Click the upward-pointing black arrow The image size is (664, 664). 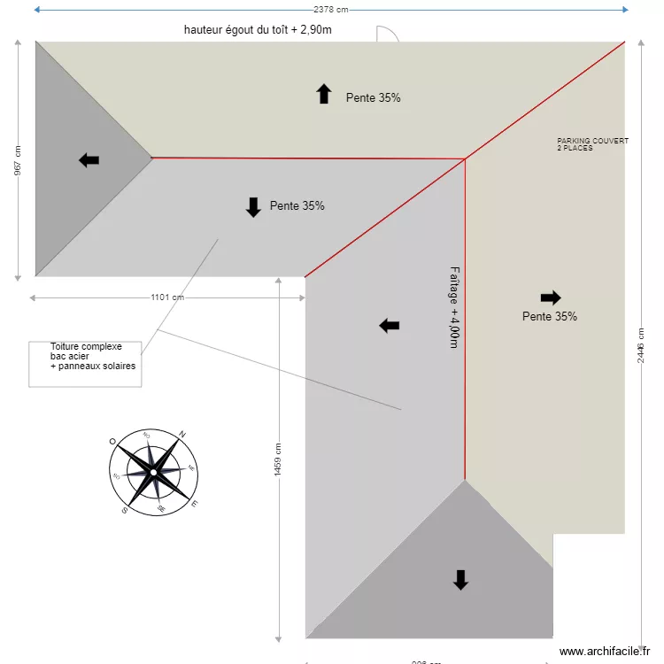click(x=324, y=95)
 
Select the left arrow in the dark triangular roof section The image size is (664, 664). click(x=89, y=160)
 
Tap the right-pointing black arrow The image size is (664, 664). click(x=550, y=297)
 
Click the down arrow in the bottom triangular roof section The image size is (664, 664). click(x=460, y=580)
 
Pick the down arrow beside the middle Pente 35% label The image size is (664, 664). click(x=253, y=207)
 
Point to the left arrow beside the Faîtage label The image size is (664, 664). click(x=390, y=326)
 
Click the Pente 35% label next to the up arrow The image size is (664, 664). click(x=373, y=98)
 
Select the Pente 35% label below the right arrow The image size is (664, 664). click(x=549, y=316)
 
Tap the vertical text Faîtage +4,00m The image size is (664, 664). click(x=454, y=306)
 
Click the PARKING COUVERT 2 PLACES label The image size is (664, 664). click(x=592, y=144)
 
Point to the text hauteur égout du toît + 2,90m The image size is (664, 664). click(x=258, y=29)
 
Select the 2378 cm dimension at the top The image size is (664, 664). click(x=331, y=10)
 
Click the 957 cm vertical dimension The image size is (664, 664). click(x=18, y=160)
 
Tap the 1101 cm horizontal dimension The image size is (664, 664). click(x=167, y=297)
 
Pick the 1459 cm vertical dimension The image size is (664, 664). click(x=278, y=459)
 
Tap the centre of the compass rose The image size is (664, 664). click(x=153, y=472)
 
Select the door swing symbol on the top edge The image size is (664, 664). click(x=388, y=34)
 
